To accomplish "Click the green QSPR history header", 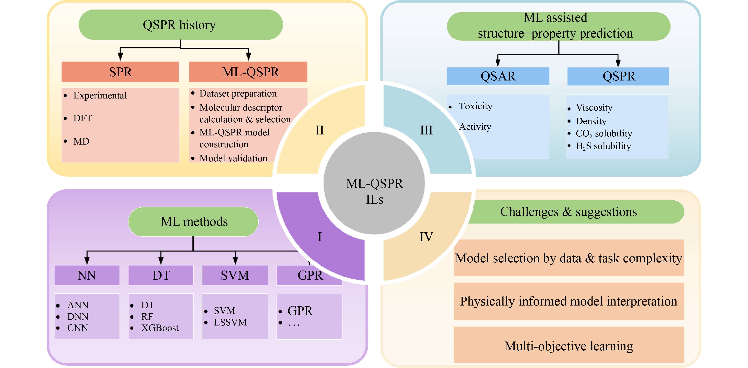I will pos(180,25).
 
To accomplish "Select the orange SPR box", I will pos(120,72).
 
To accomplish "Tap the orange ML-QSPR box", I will pos(248,72).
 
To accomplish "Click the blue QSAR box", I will pos(498,76).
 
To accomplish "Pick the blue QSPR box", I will pos(618,76).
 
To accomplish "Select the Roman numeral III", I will pos(426,130).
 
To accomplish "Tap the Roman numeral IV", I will pos(426,237).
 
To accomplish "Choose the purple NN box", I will pos(87,275).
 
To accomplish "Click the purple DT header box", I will pos(161,275).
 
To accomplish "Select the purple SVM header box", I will pos(235,275).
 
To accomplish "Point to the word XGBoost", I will pos(160,328).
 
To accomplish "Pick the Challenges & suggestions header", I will pos(568,212).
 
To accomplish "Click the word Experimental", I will pos(100,96).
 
